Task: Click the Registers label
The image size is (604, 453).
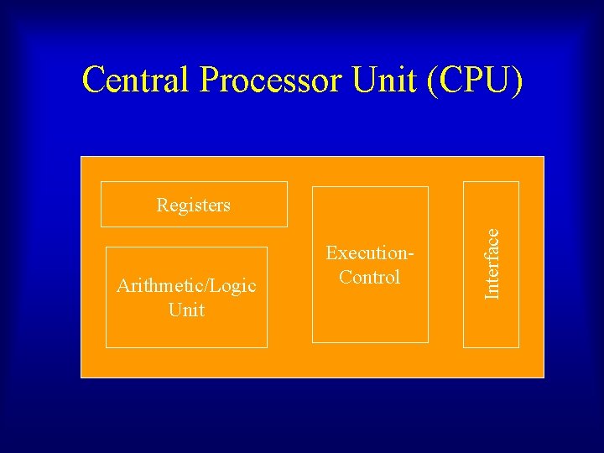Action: tap(193, 205)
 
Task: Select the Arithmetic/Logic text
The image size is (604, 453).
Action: tap(186, 286)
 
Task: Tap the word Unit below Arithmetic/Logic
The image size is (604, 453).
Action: tap(186, 310)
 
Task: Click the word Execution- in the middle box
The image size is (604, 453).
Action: tap(370, 253)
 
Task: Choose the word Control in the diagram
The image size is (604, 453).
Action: tap(370, 277)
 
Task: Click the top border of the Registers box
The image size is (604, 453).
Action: tap(194, 182)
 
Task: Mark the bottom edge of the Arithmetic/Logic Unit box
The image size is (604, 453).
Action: tap(186, 346)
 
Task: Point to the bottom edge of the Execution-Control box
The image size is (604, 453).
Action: tap(370, 342)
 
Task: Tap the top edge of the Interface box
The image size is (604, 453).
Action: tap(492, 182)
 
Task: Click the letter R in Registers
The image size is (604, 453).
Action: tap(162, 205)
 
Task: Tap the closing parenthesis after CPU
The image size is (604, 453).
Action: tap(518, 81)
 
